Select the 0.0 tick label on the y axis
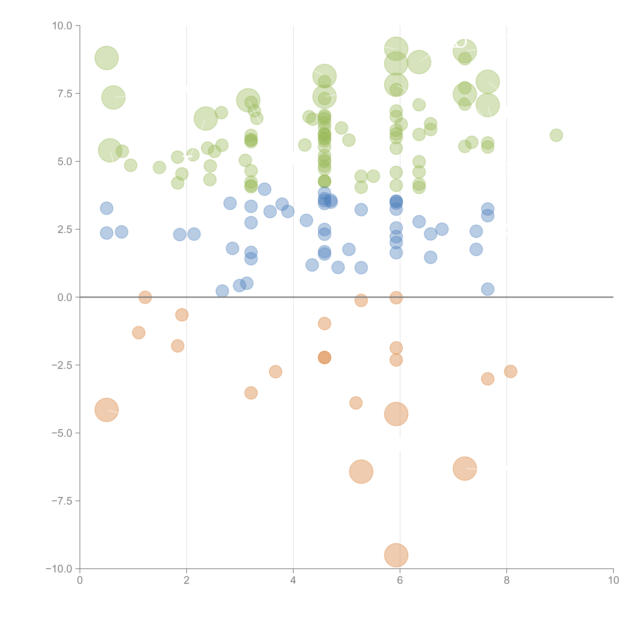point(65,297)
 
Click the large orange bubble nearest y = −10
point(396,555)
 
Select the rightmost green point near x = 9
point(556,135)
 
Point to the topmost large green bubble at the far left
point(106,58)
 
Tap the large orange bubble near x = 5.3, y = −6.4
point(361,472)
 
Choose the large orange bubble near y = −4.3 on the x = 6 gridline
point(396,414)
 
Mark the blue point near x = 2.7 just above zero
point(222,291)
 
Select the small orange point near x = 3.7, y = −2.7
point(276,372)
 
